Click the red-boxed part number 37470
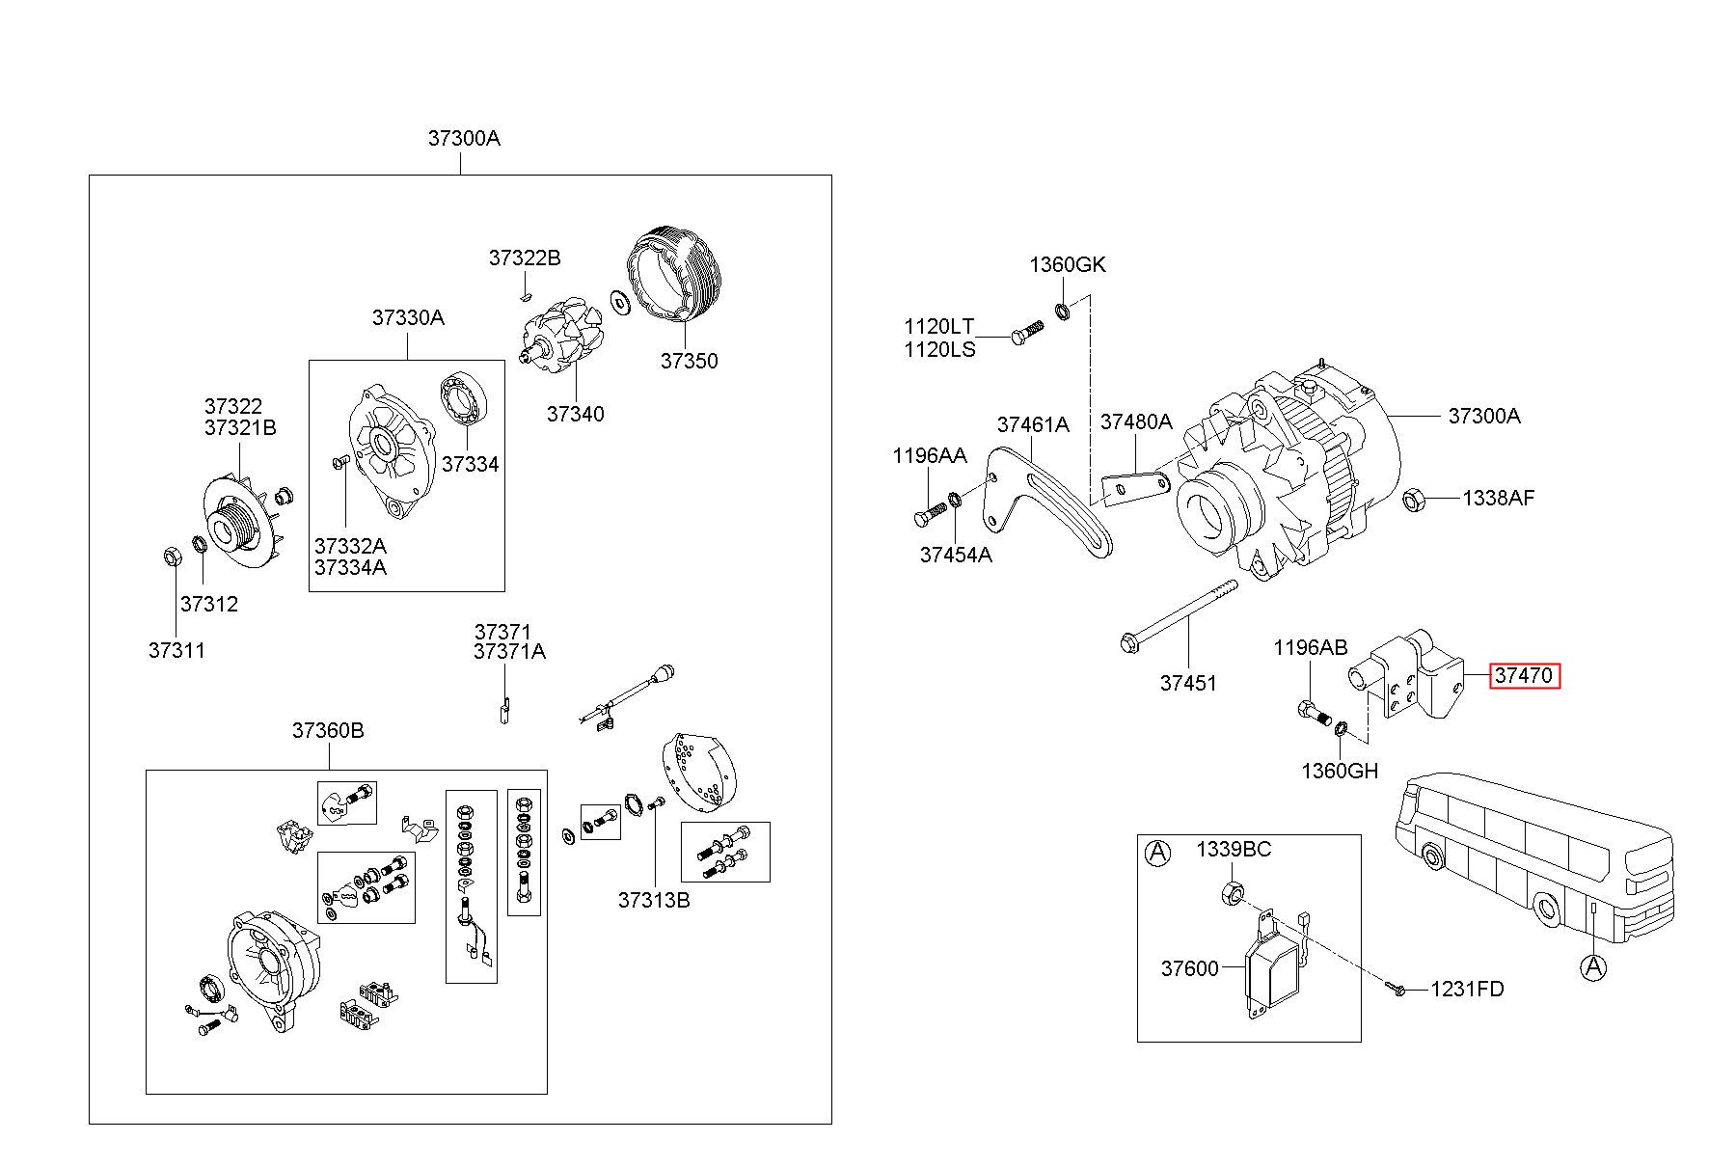point(1524,675)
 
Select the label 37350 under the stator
point(689,361)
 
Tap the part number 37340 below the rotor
point(575,414)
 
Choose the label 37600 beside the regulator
point(1190,968)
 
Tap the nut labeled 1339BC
point(1232,892)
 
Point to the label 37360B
point(328,730)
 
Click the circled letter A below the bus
point(1595,965)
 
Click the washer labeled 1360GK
point(1064,311)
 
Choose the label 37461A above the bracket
point(1033,424)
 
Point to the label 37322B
point(524,258)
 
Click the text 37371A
point(509,652)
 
